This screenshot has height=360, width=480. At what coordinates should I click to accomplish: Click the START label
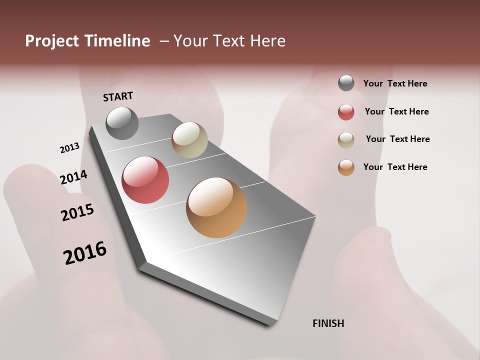118,96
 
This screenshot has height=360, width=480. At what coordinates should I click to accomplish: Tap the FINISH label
328,323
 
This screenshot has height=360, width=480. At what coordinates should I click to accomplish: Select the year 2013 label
69,148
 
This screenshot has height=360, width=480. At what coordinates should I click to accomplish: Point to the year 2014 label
73,177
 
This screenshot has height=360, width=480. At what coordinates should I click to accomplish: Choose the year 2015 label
77,212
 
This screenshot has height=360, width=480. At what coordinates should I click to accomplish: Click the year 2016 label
85,252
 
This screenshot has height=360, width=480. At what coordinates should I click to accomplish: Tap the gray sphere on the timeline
122,123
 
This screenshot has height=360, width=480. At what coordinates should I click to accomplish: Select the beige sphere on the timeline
189,140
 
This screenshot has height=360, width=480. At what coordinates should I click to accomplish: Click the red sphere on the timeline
145,180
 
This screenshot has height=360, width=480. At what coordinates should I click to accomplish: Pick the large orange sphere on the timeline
216,207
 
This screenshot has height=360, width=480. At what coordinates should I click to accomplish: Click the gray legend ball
346,83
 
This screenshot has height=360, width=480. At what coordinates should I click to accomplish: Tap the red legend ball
346,112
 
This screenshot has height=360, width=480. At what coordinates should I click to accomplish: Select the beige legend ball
346,140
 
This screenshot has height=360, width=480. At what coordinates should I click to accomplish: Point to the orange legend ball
346,167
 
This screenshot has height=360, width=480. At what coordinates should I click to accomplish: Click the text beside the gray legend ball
395,83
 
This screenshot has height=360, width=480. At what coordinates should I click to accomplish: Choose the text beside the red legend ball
396,111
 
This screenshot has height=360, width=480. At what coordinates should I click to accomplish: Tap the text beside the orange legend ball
395,167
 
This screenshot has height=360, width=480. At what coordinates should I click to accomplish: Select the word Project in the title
51,41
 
